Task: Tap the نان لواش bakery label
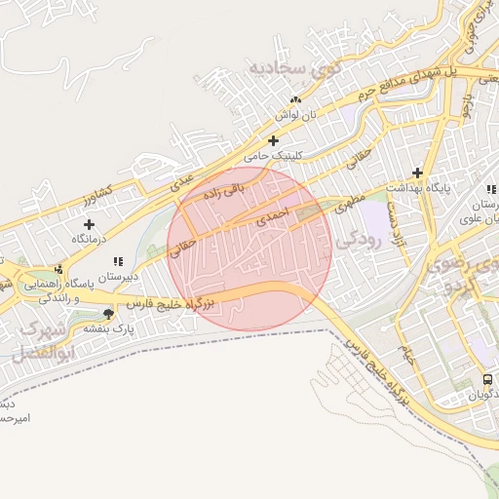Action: click(x=294, y=114)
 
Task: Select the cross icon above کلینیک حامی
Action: click(x=273, y=140)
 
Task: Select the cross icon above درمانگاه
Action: click(x=90, y=224)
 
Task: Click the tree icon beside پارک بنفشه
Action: click(x=107, y=313)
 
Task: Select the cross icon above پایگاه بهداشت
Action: click(x=418, y=172)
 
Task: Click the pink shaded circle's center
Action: click(x=249, y=247)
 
